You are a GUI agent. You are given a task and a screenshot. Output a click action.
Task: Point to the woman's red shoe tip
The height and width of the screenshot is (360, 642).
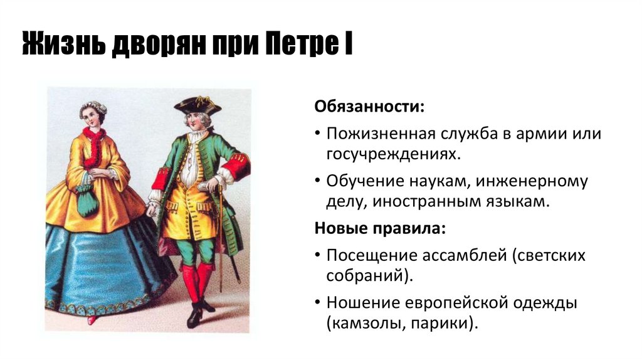[92, 320]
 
